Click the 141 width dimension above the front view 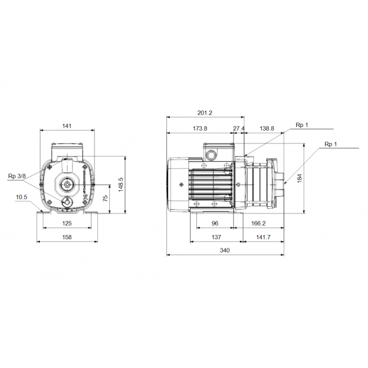pyautogui.click(x=67, y=126)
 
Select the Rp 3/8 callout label pyautogui.click(x=17, y=177)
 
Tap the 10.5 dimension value pyautogui.click(x=21, y=197)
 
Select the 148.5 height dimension pyautogui.click(x=121, y=184)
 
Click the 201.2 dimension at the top pyautogui.click(x=205, y=113)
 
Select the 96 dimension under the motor pyautogui.click(x=215, y=224)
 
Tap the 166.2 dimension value pyautogui.click(x=258, y=224)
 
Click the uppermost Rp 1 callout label pyautogui.click(x=302, y=125)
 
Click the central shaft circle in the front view pyautogui.click(x=66, y=183)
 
